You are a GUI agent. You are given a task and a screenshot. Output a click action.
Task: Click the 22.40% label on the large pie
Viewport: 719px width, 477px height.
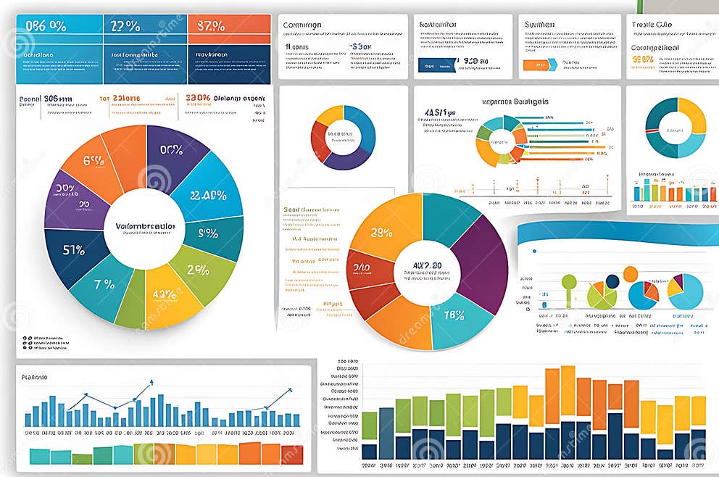coord(207,195)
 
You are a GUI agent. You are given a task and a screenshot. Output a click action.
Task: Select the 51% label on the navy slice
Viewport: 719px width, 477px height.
coord(73,250)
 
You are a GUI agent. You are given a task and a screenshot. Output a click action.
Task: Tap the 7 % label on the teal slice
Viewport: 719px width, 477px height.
coord(104,284)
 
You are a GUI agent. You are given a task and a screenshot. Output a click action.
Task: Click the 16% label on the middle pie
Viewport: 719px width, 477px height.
coord(454,315)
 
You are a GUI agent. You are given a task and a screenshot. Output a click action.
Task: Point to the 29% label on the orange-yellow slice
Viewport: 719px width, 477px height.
coord(381,233)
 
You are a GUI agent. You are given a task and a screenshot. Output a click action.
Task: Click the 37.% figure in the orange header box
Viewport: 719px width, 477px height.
coord(210,26)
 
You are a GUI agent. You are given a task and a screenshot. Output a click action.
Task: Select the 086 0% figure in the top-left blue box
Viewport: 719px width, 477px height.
coord(46,26)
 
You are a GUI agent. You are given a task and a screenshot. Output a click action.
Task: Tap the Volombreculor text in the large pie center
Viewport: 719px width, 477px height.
coord(145,225)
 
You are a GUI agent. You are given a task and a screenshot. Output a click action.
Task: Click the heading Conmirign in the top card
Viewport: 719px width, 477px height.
coord(302,25)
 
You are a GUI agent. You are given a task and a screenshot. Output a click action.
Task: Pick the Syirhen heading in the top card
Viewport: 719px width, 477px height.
coord(541,25)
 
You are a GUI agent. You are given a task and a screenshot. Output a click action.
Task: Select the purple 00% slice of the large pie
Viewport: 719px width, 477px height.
coord(173,151)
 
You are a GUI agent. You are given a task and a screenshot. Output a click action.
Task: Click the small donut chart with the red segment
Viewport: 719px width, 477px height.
coord(342,136)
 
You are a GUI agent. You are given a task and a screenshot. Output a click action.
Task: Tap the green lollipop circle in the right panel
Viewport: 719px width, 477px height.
coord(569,281)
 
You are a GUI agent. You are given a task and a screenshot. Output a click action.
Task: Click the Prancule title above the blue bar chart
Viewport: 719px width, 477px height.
coord(35,377)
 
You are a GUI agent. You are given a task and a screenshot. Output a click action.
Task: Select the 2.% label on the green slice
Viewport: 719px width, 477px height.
coord(198,269)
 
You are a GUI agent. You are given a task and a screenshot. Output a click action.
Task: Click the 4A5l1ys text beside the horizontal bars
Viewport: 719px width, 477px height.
coord(440,113)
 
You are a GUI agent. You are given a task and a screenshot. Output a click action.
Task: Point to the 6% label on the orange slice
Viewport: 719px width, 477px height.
coord(95,160)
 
